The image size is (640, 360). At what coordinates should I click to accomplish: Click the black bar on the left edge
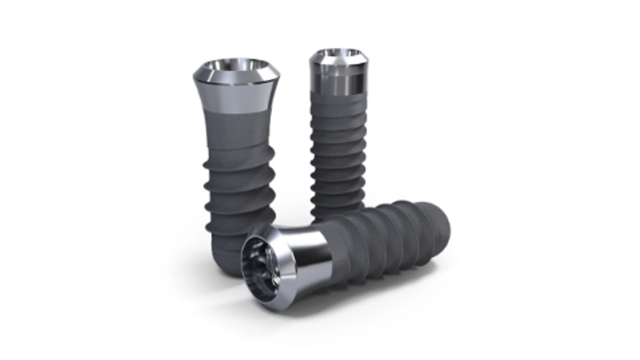pyautogui.click(x=31, y=180)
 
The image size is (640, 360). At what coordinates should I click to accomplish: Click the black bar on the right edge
pyautogui.click(x=609, y=180)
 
